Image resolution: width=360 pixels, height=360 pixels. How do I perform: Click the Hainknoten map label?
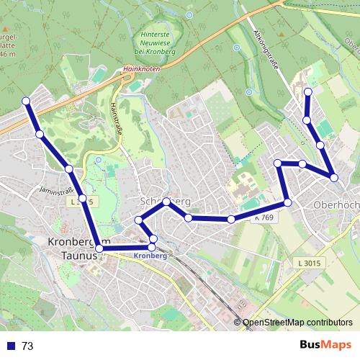[x=140, y=69]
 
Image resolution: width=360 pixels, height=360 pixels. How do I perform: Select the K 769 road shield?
[x=264, y=217]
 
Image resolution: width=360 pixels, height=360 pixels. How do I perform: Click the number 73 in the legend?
[x=27, y=346]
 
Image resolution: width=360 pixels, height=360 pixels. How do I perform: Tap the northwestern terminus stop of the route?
[x=27, y=101]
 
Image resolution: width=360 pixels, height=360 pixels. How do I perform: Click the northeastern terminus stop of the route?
[x=308, y=91]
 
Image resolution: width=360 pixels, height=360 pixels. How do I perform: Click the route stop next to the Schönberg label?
[x=166, y=202]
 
